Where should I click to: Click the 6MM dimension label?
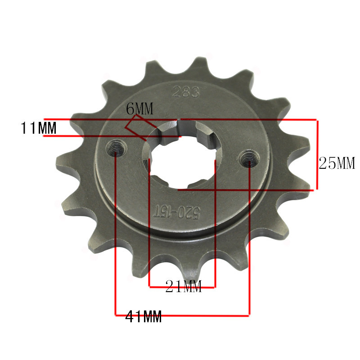pos(139,108)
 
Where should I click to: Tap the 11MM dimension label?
pos(38,128)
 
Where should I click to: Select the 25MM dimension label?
pos(337,163)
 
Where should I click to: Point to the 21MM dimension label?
pos(184,286)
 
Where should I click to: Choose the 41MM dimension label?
pos(143,317)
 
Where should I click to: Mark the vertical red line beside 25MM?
pos(317,154)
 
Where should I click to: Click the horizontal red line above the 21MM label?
pos(182,287)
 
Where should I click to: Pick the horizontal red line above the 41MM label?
pos(182,314)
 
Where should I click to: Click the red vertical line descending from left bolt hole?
pos(117,234)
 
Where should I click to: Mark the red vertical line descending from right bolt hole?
pos(249,238)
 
